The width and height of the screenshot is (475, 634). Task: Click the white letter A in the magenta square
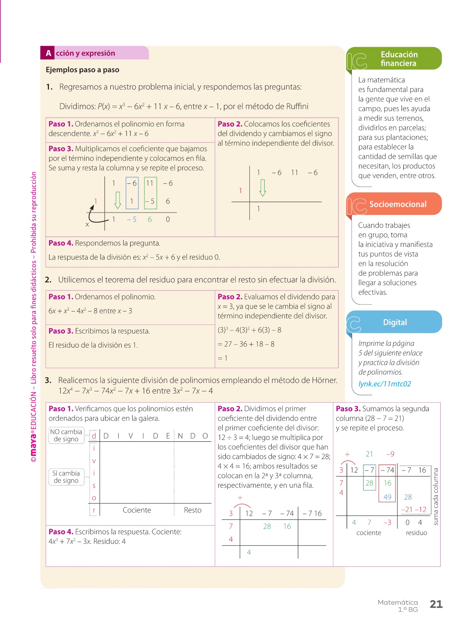(48, 53)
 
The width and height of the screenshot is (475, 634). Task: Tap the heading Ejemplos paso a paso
(82, 70)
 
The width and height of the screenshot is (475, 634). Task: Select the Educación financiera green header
(399, 59)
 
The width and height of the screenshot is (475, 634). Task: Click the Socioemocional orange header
(397, 204)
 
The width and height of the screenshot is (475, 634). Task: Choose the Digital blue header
(395, 322)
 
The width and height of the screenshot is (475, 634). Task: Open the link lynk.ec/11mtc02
(384, 384)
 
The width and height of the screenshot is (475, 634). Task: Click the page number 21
(436, 604)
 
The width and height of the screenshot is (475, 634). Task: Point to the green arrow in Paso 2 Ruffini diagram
(262, 188)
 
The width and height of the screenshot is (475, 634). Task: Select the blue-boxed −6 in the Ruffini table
(132, 183)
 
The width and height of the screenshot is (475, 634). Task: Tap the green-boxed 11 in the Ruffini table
(150, 183)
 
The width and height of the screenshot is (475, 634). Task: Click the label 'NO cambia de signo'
(66, 435)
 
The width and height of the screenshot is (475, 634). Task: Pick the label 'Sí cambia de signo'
(66, 477)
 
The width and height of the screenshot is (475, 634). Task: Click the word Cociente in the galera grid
(137, 510)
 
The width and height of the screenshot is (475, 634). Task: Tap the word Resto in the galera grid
(192, 510)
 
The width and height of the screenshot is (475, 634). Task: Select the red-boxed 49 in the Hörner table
(387, 497)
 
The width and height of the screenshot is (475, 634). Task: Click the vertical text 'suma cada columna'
(436, 496)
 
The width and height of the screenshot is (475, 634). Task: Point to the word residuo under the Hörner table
(416, 533)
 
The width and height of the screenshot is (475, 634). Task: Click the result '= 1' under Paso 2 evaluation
(222, 358)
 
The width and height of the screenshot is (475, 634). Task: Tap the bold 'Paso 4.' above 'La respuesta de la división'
(61, 243)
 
